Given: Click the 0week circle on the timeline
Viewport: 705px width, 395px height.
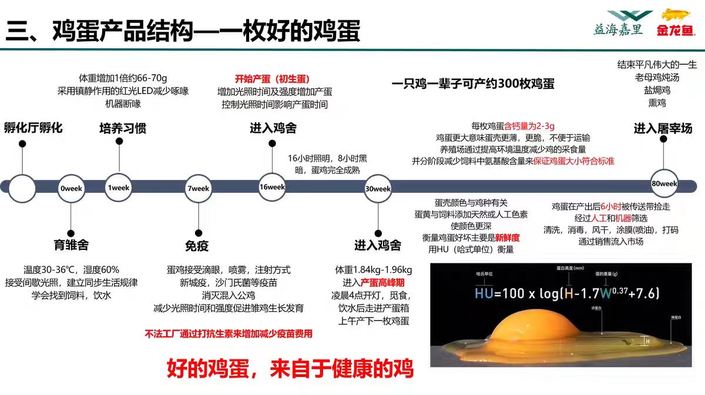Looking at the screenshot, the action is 71,189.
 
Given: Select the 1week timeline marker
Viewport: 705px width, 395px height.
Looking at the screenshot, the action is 119,188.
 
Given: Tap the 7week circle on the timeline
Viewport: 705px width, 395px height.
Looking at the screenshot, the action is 198,189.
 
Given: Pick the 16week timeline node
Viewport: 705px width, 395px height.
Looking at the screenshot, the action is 272,187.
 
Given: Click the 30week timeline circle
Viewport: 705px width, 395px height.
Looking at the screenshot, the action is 378,189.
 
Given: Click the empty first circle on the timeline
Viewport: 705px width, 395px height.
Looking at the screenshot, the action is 22,189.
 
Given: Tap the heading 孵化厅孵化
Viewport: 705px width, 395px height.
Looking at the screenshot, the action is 33,128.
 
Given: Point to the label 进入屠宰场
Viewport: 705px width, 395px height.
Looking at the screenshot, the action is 663,128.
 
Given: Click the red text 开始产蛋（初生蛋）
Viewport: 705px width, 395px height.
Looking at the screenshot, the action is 272,79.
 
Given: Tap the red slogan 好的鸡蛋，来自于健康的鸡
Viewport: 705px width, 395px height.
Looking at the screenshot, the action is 290,368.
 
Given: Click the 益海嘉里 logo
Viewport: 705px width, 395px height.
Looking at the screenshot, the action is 619,24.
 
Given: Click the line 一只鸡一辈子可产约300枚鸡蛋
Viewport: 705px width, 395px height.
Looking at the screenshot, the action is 473,83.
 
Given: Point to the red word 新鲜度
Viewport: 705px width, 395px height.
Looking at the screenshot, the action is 507,238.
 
